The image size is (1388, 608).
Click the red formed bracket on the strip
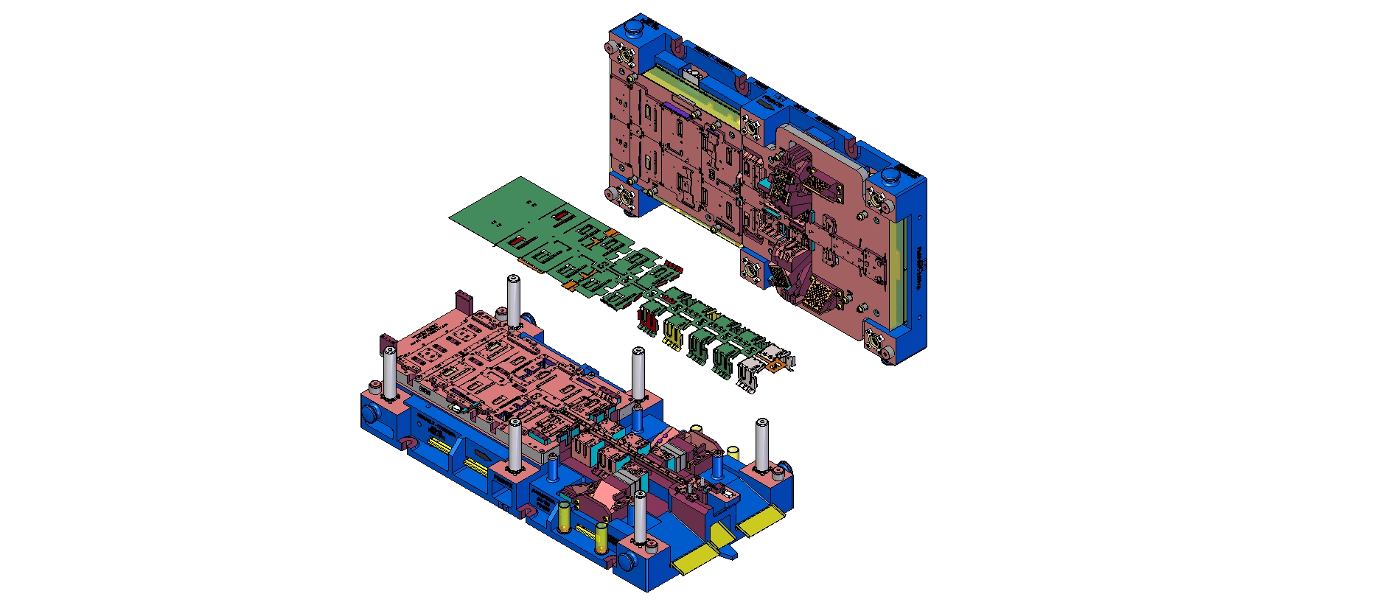point(648,318)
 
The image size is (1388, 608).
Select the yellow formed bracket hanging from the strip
point(672,330)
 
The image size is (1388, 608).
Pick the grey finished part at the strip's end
point(748,373)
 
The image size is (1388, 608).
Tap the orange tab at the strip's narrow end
point(775,364)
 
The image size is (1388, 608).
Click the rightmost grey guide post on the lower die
point(761,445)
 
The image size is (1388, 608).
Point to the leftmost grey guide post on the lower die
point(389,372)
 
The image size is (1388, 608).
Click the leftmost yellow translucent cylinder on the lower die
point(565,517)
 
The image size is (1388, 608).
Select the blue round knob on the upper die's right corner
point(890,176)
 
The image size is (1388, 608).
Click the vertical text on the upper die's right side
point(920,269)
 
